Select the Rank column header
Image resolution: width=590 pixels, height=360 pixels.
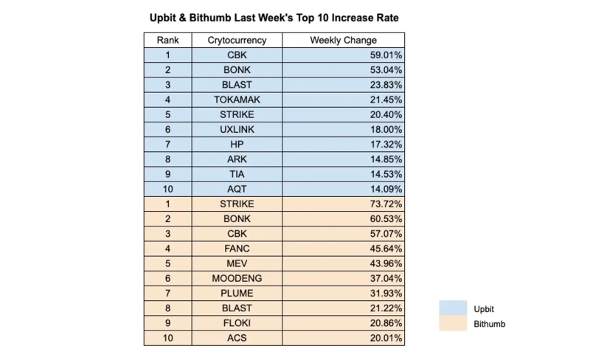pyautogui.click(x=167, y=41)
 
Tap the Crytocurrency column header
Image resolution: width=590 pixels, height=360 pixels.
pyautogui.click(x=237, y=41)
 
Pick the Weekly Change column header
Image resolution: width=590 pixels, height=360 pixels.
pyautogui.click(x=343, y=41)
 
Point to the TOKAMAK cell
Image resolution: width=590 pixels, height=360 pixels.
pyautogui.click(x=237, y=100)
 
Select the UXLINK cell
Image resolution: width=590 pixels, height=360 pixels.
pyautogui.click(x=237, y=130)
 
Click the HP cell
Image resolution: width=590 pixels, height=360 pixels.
pyautogui.click(x=237, y=145)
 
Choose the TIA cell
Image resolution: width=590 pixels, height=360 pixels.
pyautogui.click(x=237, y=174)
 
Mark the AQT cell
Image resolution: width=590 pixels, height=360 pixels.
pyautogui.click(x=237, y=189)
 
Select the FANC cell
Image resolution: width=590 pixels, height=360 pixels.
pyautogui.click(x=237, y=249)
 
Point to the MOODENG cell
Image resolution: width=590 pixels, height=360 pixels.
pyautogui.click(x=237, y=278)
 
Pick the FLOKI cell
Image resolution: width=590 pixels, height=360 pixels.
pyautogui.click(x=237, y=323)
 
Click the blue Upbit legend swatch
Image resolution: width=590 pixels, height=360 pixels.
pyautogui.click(x=453, y=308)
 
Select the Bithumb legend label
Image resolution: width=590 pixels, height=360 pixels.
pyautogui.click(x=489, y=324)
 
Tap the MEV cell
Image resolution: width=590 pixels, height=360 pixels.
pyautogui.click(x=237, y=263)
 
